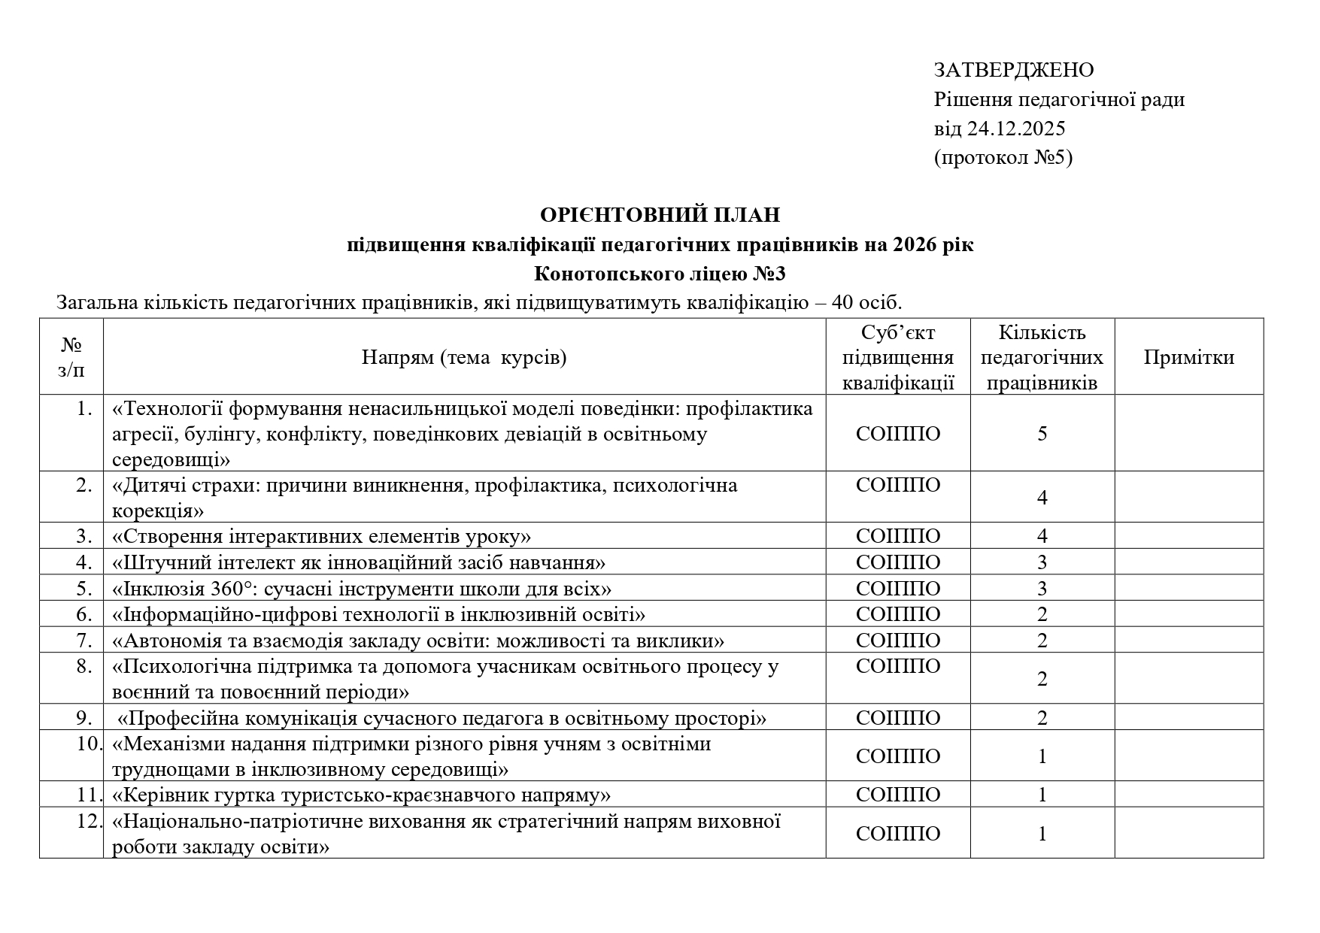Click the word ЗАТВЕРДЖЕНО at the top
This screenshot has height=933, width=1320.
(x=1013, y=70)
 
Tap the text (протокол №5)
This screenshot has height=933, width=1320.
(x=1003, y=158)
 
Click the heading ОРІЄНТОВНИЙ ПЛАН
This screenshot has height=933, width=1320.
(x=660, y=215)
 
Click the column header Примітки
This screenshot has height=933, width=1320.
(x=1188, y=357)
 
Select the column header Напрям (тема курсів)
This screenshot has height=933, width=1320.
(x=464, y=357)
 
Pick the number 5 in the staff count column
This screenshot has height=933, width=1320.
(x=1042, y=434)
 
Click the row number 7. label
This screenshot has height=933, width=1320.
(x=84, y=641)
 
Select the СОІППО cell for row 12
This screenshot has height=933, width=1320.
(x=897, y=833)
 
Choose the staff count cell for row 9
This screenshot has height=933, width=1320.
(x=1042, y=718)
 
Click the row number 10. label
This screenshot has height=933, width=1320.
(x=89, y=744)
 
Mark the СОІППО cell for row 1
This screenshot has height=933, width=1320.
(x=897, y=434)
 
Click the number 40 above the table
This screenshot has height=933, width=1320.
(x=842, y=303)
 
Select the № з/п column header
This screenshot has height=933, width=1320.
(x=71, y=357)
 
